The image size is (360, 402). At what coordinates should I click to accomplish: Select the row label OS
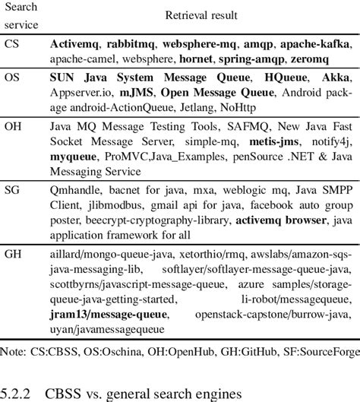pos(14,77)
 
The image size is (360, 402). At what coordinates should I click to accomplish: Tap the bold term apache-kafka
pos(312,45)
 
